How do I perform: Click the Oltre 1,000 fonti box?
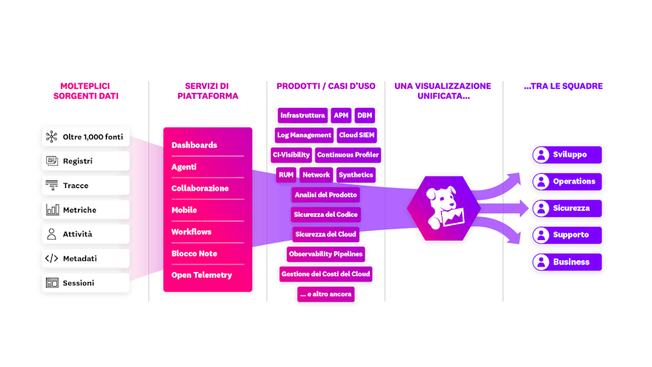(85, 137)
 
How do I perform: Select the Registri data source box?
(85, 160)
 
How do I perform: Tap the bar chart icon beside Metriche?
(51, 210)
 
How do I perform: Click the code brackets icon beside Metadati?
(51, 259)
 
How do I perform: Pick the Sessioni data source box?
(85, 283)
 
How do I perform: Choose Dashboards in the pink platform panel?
(195, 145)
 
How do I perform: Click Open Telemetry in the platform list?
(202, 275)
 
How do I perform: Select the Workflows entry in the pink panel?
(192, 232)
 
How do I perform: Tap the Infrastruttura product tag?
(302, 116)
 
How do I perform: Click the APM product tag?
(341, 116)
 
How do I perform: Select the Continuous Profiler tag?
(348, 155)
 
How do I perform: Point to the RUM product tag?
(286, 175)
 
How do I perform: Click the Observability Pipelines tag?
(326, 254)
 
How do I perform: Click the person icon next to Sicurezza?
(541, 208)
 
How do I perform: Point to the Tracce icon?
(51, 185)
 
